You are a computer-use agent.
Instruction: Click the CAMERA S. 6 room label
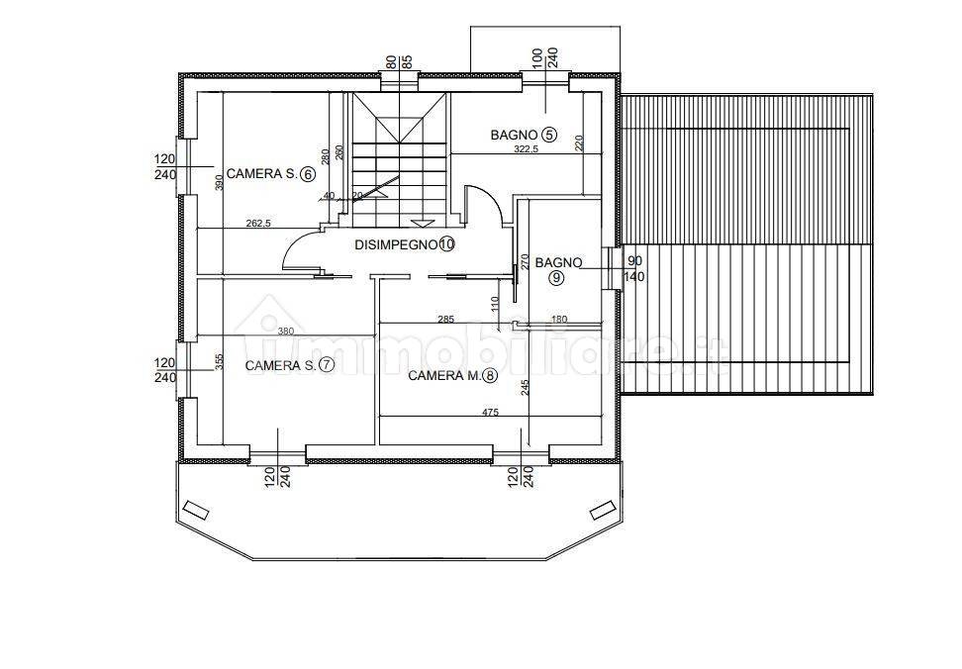(270, 174)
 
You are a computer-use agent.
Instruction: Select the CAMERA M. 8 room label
(452, 375)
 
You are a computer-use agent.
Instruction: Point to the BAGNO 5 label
(524, 135)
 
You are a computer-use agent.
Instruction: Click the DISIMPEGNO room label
(395, 244)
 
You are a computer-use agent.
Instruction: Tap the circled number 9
(556, 278)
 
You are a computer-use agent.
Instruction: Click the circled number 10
(446, 244)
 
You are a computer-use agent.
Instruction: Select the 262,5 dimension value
(258, 224)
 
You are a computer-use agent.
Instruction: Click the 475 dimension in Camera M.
(490, 412)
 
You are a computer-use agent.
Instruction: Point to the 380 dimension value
(286, 332)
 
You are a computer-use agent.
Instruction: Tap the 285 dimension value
(445, 319)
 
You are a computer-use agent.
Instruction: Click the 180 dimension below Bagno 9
(559, 319)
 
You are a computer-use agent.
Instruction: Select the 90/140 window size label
(633, 268)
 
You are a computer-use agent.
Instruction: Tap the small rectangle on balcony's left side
(196, 510)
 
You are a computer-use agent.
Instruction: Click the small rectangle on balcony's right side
(602, 510)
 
